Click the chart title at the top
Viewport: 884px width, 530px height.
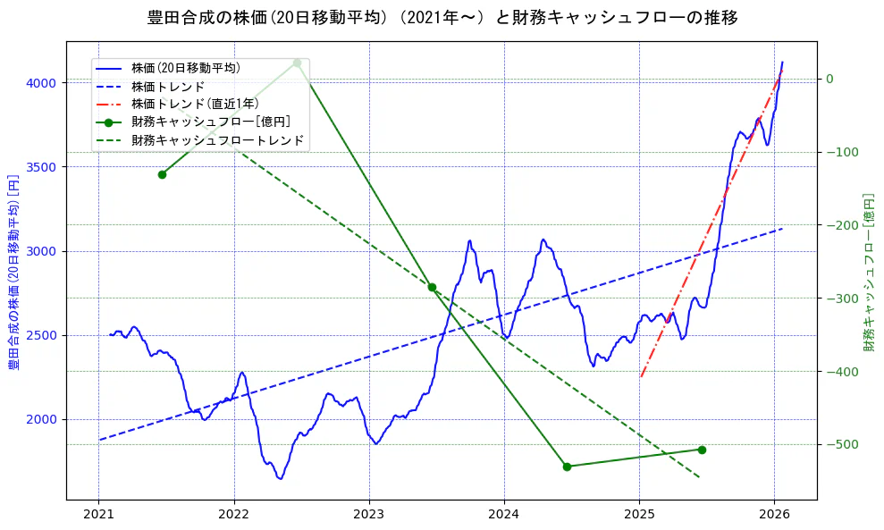[442, 18]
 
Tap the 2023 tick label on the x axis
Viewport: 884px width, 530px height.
[369, 515]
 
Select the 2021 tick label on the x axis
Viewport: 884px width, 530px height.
[98, 515]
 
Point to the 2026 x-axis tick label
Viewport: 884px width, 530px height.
[774, 515]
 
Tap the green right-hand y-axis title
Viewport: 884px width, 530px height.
[869, 272]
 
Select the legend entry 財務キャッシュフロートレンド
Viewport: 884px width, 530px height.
[217, 141]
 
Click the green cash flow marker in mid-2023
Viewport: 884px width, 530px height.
[432, 287]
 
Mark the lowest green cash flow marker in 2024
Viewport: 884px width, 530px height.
[567, 467]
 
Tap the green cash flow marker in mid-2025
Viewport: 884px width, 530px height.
[702, 450]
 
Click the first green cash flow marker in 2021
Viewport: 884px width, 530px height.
[162, 174]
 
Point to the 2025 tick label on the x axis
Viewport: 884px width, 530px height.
[639, 515]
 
